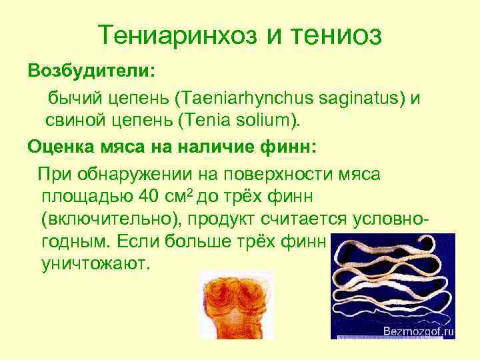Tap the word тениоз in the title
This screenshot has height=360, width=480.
(x=337, y=35)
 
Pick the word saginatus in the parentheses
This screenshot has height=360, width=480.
(x=353, y=99)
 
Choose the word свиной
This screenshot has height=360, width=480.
(x=77, y=121)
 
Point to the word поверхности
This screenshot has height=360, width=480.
(x=273, y=175)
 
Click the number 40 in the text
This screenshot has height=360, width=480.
(x=149, y=197)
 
